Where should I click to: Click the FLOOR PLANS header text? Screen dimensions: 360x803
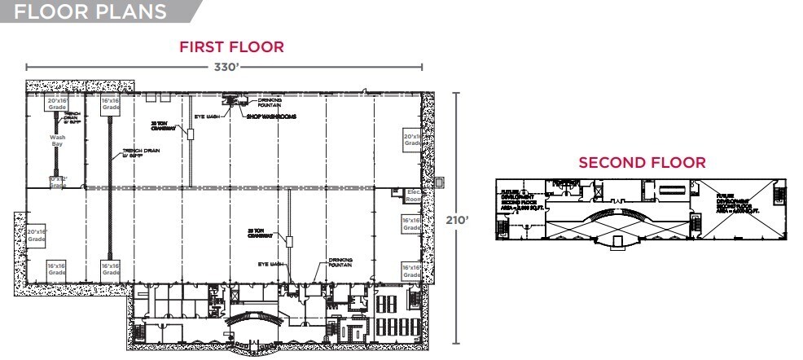(x=90, y=12)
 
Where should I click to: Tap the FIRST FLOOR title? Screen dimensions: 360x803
(x=231, y=47)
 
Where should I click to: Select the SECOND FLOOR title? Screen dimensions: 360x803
(x=642, y=163)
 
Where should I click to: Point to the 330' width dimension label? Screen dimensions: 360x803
(x=224, y=68)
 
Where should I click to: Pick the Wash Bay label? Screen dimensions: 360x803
(x=57, y=142)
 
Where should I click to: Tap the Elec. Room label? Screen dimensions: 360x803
(x=413, y=195)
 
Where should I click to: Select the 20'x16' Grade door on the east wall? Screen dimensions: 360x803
(x=412, y=139)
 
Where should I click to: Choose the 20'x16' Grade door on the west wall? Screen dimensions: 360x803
(x=37, y=236)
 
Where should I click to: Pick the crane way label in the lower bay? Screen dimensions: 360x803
(x=258, y=232)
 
